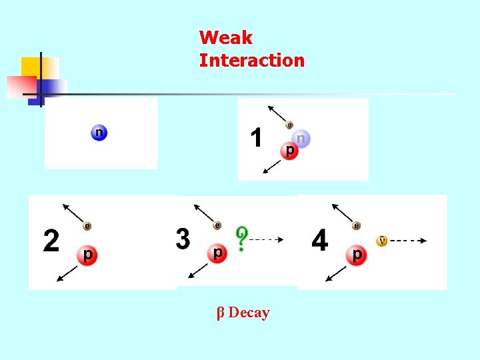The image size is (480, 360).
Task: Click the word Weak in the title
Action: click(x=225, y=37)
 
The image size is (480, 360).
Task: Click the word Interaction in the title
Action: click(x=251, y=61)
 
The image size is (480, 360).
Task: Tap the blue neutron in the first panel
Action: click(x=99, y=133)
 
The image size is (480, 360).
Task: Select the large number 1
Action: click(x=256, y=139)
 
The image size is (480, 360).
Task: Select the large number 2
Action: click(x=51, y=241)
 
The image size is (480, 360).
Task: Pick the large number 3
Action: click(x=183, y=239)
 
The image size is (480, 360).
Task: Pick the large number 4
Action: click(x=320, y=241)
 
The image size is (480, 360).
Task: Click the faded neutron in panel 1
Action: click(x=301, y=139)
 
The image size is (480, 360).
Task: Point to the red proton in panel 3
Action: click(x=217, y=253)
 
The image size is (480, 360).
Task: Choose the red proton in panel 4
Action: click(x=358, y=255)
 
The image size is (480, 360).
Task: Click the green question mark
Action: click(x=241, y=238)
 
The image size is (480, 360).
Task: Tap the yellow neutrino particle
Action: click(x=382, y=241)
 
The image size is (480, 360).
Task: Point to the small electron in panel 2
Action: click(x=87, y=226)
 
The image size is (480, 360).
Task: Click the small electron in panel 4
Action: click(x=357, y=226)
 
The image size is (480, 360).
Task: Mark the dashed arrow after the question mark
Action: click(x=270, y=239)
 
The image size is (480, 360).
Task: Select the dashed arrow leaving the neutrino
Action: click(x=408, y=241)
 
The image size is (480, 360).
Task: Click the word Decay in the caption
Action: click(x=249, y=313)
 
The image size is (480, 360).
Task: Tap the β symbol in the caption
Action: click(x=222, y=313)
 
